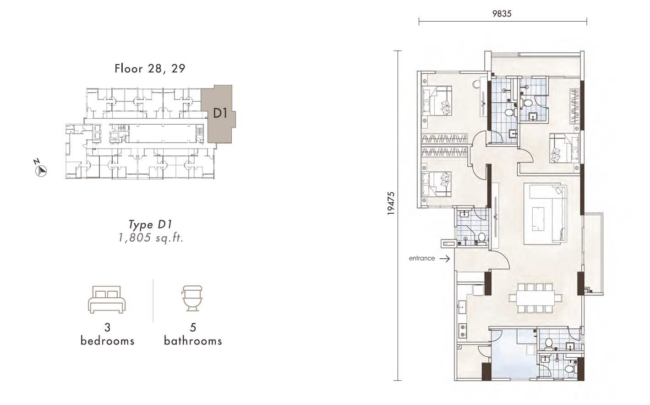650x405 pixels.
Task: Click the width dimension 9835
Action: click(x=502, y=14)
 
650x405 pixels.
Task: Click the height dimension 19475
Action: click(x=391, y=203)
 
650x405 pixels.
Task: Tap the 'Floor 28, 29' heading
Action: click(x=150, y=68)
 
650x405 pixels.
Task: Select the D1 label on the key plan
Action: click(x=220, y=113)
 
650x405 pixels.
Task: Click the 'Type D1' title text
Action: click(x=150, y=224)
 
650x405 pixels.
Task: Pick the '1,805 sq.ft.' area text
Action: click(x=151, y=238)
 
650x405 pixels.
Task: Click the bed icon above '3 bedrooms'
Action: click(x=107, y=300)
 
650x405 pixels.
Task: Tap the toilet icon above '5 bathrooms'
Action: click(x=192, y=298)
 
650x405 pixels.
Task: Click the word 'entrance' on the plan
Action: click(x=421, y=258)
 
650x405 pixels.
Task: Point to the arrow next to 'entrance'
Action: click(x=444, y=259)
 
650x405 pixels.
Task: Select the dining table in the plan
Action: click(x=535, y=298)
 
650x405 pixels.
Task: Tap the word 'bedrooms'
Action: click(x=107, y=341)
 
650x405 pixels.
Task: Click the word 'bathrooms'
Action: click(x=193, y=341)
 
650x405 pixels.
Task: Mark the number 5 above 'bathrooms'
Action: click(x=193, y=327)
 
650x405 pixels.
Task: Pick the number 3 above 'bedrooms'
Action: click(x=107, y=327)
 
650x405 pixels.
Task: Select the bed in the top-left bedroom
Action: click(x=437, y=101)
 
